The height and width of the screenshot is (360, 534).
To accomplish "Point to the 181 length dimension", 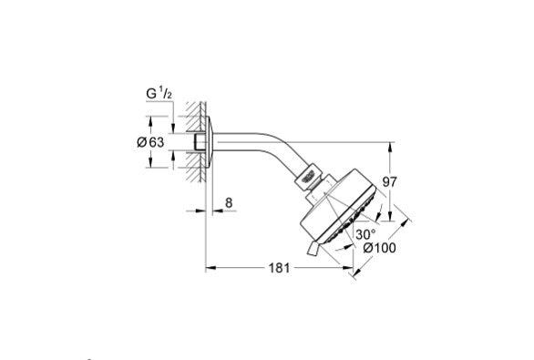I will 279,269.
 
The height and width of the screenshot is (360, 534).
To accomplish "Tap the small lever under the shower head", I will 315,247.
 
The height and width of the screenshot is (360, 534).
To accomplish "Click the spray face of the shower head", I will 352,215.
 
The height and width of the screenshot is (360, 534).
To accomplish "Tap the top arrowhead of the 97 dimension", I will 390,144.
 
